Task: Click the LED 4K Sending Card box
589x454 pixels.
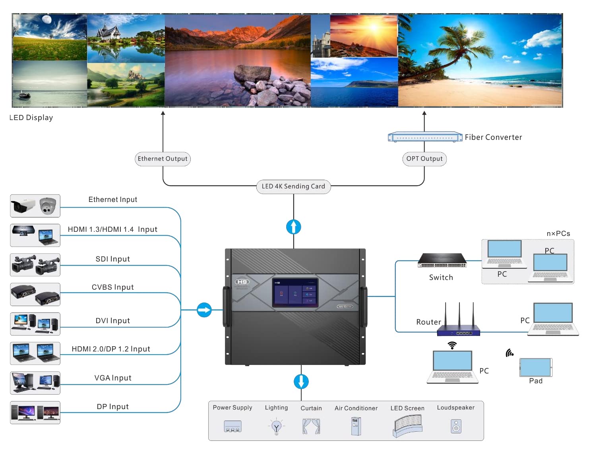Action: click(x=293, y=186)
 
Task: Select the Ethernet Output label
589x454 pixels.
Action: click(x=163, y=159)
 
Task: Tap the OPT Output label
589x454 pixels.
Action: click(x=424, y=159)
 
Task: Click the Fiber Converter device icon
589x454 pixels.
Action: click(x=425, y=137)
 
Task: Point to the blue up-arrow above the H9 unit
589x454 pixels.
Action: click(x=293, y=227)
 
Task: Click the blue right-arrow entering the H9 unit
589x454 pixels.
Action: click(x=204, y=310)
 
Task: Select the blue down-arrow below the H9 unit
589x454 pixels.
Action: click(x=301, y=381)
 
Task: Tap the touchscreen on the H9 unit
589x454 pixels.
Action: click(x=294, y=292)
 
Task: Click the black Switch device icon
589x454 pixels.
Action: click(x=442, y=261)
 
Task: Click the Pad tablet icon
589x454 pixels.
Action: click(x=535, y=367)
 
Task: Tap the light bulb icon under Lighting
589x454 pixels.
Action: click(x=277, y=427)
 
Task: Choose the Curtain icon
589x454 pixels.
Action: click(x=311, y=426)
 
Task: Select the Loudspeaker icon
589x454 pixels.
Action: click(x=456, y=427)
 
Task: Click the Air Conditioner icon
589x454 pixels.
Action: click(x=356, y=426)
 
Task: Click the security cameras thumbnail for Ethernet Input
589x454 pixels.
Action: click(x=35, y=206)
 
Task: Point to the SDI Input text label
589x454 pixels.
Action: click(x=112, y=259)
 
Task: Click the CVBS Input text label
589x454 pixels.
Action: click(x=112, y=287)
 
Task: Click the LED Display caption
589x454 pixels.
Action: click(x=31, y=118)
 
